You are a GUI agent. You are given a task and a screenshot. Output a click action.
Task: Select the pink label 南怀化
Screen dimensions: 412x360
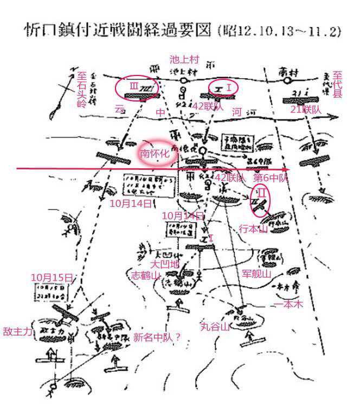[x=156, y=154]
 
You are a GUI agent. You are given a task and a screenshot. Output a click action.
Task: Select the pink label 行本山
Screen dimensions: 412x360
[x=254, y=229]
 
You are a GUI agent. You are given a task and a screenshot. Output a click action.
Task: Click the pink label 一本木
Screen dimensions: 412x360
[x=288, y=304]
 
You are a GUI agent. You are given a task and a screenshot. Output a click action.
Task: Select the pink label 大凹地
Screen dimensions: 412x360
[x=163, y=264]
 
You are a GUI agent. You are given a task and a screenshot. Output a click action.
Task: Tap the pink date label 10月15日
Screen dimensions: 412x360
[x=52, y=277]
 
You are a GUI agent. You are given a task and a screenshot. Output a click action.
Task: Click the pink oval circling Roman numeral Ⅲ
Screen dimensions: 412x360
[x=137, y=87]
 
